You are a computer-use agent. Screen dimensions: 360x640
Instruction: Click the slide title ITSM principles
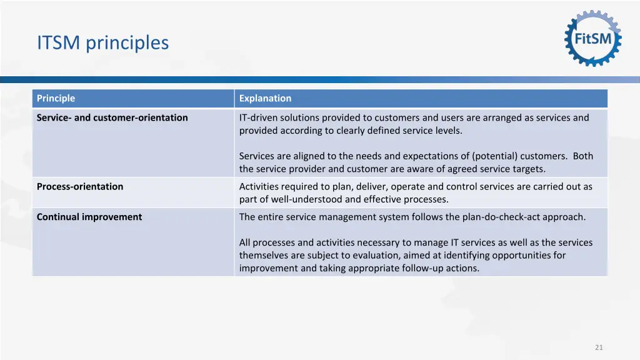102,42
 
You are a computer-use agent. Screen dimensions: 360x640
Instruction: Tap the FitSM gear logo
593,39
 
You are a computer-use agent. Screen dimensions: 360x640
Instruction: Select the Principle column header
56,98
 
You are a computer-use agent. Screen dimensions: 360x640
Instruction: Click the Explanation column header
265,98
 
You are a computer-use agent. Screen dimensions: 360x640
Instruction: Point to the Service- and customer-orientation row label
112,117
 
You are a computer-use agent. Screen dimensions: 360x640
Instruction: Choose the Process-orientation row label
80,186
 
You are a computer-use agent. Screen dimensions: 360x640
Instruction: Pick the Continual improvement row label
89,217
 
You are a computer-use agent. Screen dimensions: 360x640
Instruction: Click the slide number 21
599,347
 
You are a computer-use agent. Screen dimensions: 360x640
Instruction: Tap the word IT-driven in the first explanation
258,117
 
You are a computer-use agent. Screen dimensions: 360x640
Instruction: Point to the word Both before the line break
582,156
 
